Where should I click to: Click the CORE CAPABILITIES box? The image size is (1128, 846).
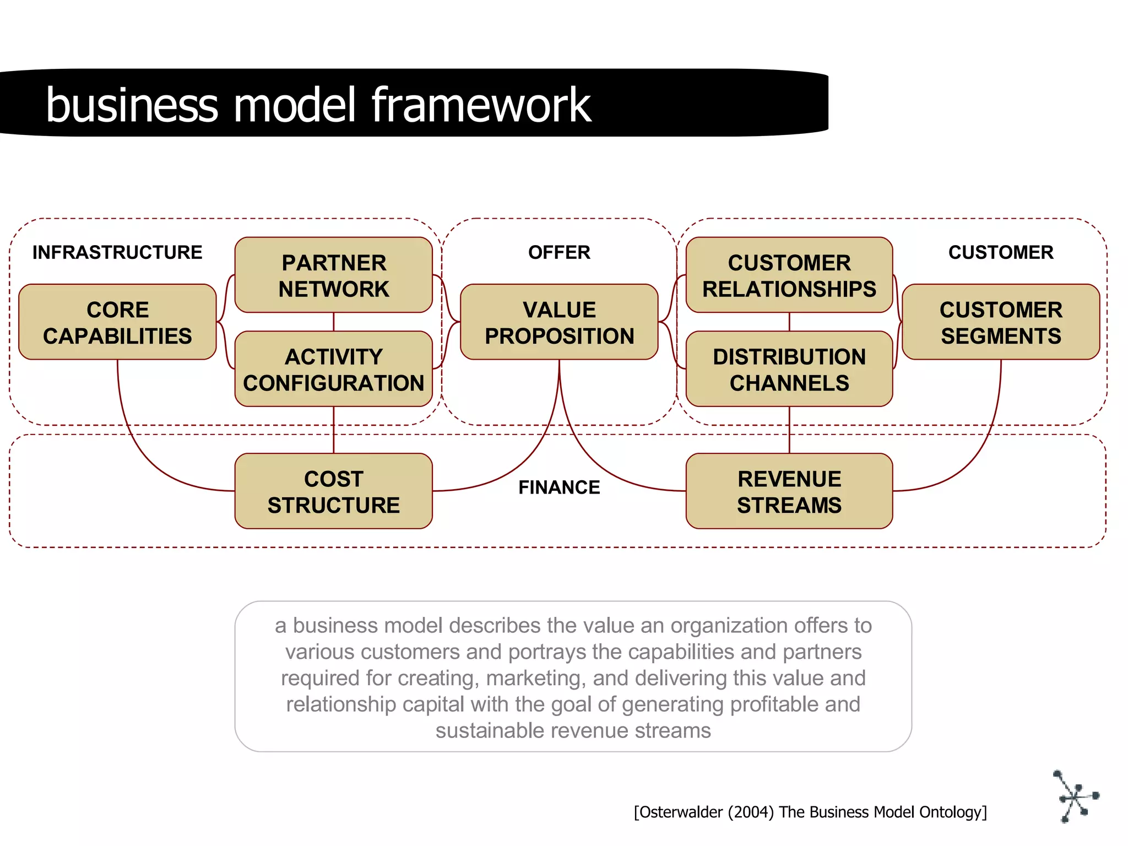click(117, 322)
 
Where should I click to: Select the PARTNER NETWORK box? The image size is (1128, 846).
click(333, 275)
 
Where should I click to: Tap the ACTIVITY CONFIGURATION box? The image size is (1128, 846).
click(333, 369)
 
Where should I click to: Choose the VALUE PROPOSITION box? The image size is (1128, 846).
click(559, 322)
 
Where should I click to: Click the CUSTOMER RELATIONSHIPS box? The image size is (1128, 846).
click(789, 275)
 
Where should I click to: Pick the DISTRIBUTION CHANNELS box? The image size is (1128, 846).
click(789, 369)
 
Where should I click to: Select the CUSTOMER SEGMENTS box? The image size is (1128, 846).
click(1000, 322)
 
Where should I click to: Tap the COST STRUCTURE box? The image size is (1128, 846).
click(333, 491)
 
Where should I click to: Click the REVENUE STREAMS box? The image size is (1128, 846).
click(789, 491)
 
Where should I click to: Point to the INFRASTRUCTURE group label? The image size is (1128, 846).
click(117, 252)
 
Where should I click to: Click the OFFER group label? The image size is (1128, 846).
click(559, 252)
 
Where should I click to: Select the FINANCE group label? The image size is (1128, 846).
click(559, 487)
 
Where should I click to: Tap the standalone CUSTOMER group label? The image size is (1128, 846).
click(1000, 252)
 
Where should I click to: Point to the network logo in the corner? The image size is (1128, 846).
click(1075, 796)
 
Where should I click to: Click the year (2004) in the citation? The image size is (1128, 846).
click(751, 812)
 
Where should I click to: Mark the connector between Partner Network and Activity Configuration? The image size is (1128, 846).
click(333, 322)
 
